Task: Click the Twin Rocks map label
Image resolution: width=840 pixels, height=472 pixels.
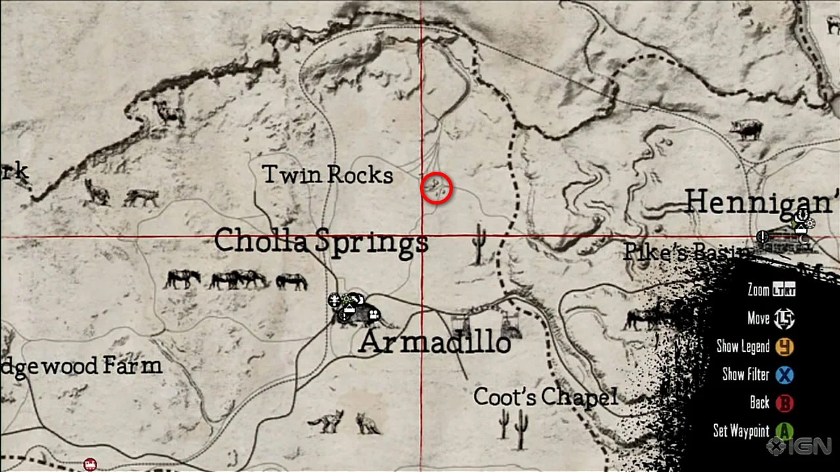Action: tap(327, 175)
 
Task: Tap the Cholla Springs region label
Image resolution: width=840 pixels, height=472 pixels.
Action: tap(321, 242)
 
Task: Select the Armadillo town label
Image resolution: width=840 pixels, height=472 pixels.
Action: tap(434, 343)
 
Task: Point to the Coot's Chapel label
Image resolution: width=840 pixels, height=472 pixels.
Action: tap(545, 397)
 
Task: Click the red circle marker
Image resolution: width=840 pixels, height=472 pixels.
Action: tap(436, 189)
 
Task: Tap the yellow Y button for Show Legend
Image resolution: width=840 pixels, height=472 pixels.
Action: tap(784, 346)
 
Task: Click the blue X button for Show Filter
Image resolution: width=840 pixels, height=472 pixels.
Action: tap(784, 375)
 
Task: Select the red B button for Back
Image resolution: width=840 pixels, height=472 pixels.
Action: tap(784, 403)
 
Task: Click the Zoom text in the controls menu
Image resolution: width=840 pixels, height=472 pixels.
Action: tap(758, 290)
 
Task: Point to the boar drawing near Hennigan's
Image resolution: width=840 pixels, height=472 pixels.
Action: tap(746, 128)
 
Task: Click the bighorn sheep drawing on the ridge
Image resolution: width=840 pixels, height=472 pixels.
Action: tap(170, 113)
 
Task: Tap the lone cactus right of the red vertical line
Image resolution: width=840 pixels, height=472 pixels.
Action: tap(478, 244)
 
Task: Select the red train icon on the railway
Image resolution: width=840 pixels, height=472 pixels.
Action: tap(90, 464)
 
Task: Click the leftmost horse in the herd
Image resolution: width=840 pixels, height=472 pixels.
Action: tap(182, 279)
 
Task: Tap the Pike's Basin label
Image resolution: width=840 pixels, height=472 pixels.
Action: tap(682, 252)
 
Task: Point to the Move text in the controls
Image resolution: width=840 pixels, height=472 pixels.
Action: tap(758, 319)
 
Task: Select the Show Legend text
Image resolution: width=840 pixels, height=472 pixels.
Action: tap(743, 346)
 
